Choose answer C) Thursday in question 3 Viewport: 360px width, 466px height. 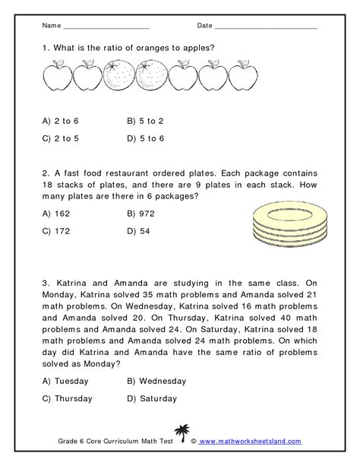click(x=68, y=398)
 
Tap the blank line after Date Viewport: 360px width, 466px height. click(x=266, y=27)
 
